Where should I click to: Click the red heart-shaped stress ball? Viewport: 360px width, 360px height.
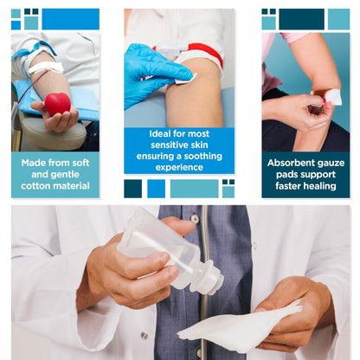pos(58,104)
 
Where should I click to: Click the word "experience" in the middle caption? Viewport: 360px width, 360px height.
pos(179,168)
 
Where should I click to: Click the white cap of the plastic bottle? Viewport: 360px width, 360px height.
pos(210,278)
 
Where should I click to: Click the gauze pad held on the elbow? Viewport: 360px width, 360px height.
pos(334,97)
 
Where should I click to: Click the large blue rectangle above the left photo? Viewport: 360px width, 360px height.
pos(71,19)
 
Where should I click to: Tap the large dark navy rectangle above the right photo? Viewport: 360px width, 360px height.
pos(301,19)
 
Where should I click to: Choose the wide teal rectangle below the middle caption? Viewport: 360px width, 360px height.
pos(194,189)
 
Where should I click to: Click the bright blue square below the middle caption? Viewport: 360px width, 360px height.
pos(156,189)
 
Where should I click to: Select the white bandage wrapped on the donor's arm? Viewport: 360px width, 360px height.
pos(46,67)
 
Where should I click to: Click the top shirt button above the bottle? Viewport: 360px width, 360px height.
pos(196,218)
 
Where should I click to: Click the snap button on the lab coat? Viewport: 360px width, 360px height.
pos(145,336)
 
